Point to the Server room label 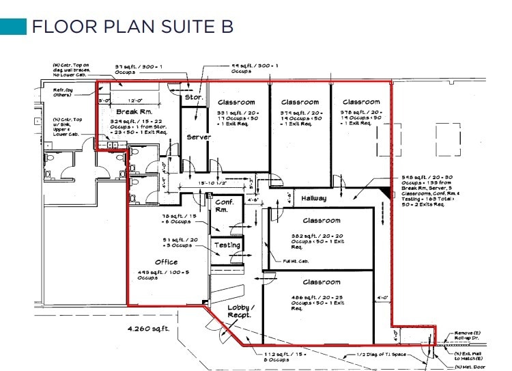(x=199, y=137)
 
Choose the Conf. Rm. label (x=225, y=206)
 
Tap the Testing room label (x=227, y=245)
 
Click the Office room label (x=166, y=262)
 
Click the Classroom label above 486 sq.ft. (x=321, y=281)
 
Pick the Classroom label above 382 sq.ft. (x=321, y=221)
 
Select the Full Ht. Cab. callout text (x=296, y=261)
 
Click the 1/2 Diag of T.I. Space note (x=380, y=355)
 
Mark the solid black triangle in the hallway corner (x=388, y=194)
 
